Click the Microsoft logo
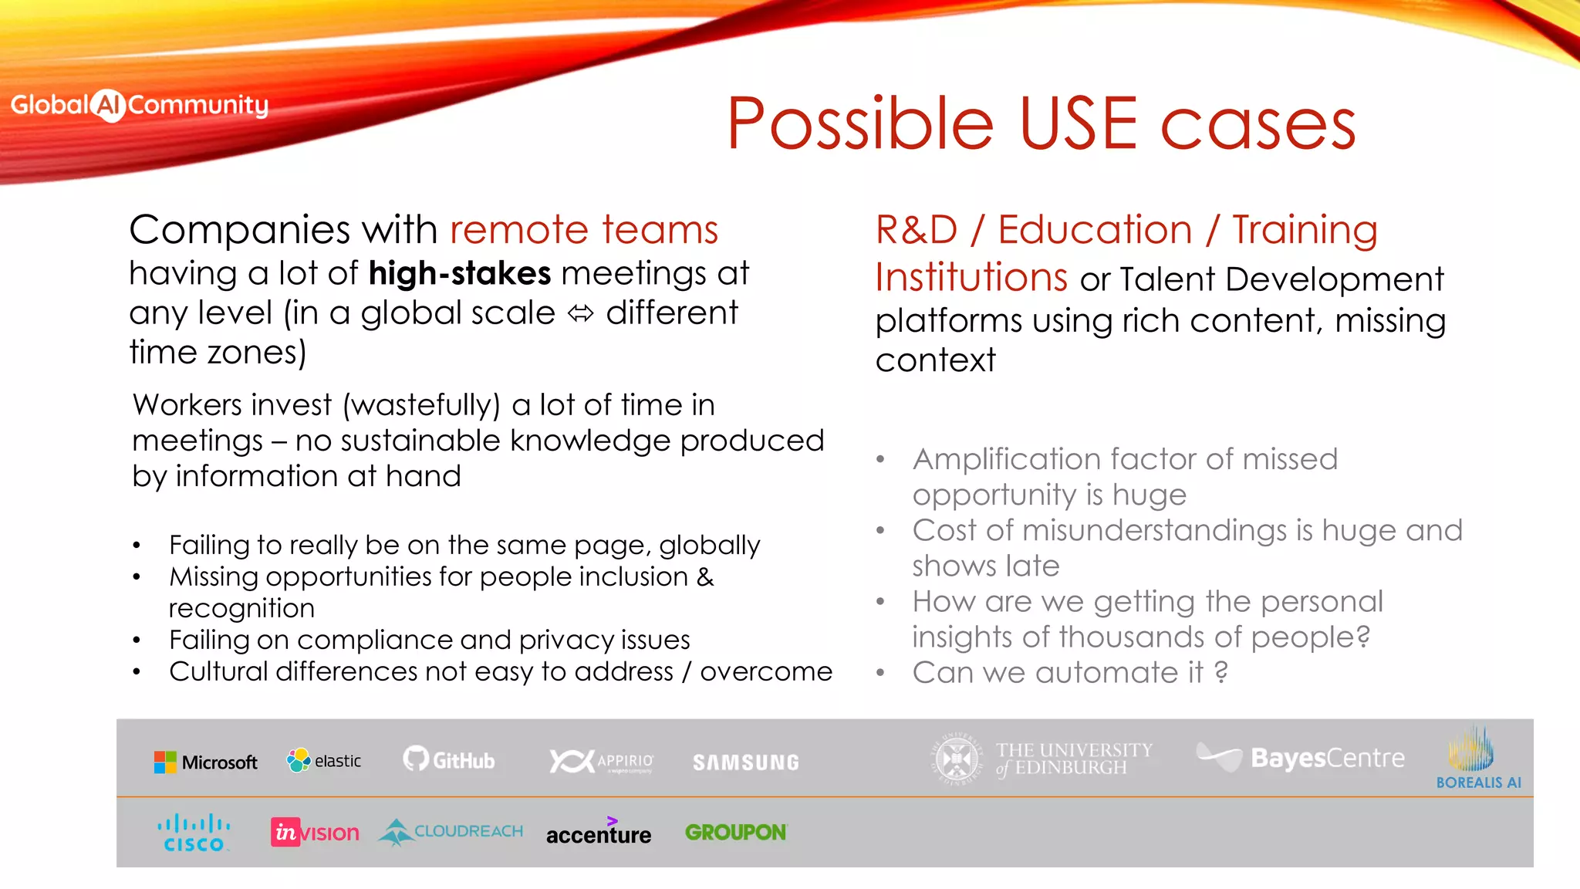pyautogui.click(x=205, y=762)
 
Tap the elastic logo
pyautogui.click(x=324, y=761)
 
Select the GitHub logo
pyautogui.click(x=449, y=760)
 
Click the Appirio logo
pyautogui.click(x=601, y=762)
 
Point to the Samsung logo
pyautogui.click(x=745, y=762)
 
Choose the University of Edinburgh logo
pyautogui.click(x=1042, y=759)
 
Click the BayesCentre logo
pyautogui.click(x=1301, y=758)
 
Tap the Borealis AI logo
pyautogui.click(x=1477, y=759)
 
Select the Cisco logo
pyautogui.click(x=194, y=833)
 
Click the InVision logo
pyautogui.click(x=315, y=833)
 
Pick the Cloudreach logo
pyautogui.click(x=451, y=832)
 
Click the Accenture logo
pyautogui.click(x=599, y=833)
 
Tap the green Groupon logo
pyautogui.click(x=735, y=833)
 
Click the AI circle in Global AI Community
pyautogui.click(x=109, y=106)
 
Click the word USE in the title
pyautogui.click(x=1079, y=123)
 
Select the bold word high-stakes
pyautogui.click(x=460, y=273)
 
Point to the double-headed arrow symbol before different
pyautogui.click(x=580, y=313)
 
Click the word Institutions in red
pyautogui.click(x=971, y=277)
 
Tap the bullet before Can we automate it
pyautogui.click(x=880, y=673)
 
